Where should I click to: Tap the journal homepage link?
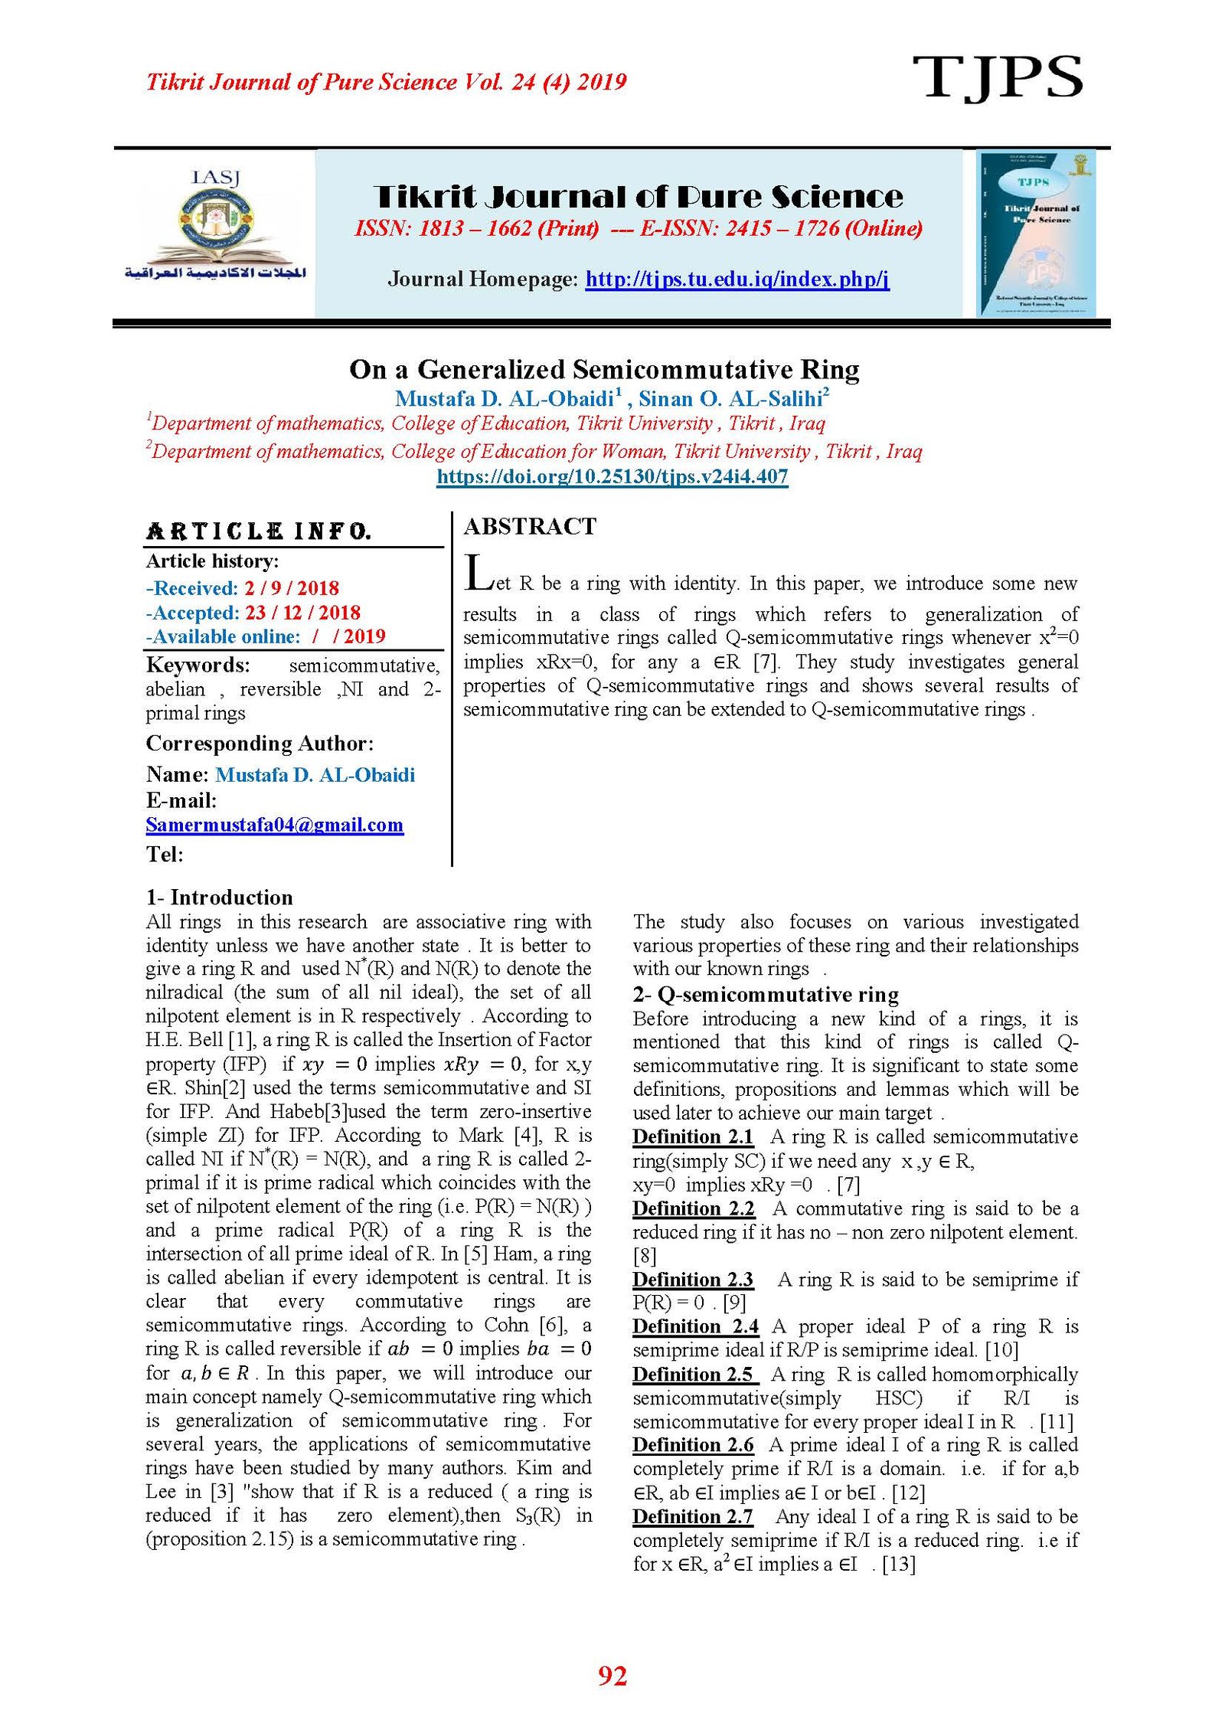pos(737,279)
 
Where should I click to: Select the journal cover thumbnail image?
pos(1036,234)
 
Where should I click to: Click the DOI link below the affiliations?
pos(612,476)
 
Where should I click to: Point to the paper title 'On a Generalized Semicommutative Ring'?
pos(604,369)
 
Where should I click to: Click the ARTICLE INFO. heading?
pos(259,531)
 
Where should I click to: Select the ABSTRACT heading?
pos(530,526)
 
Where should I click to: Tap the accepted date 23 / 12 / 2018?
pos(302,613)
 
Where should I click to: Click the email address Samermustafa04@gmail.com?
pos(274,825)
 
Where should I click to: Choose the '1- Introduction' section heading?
pos(220,897)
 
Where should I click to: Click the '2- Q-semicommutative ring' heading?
pos(765,994)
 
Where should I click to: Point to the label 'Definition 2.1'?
pos(693,1136)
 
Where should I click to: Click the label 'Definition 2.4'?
pos(695,1326)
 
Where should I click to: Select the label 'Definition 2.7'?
pos(693,1516)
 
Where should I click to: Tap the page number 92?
pos(612,1676)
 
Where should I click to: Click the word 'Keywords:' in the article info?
pos(198,665)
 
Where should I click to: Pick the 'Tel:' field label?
pos(165,854)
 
